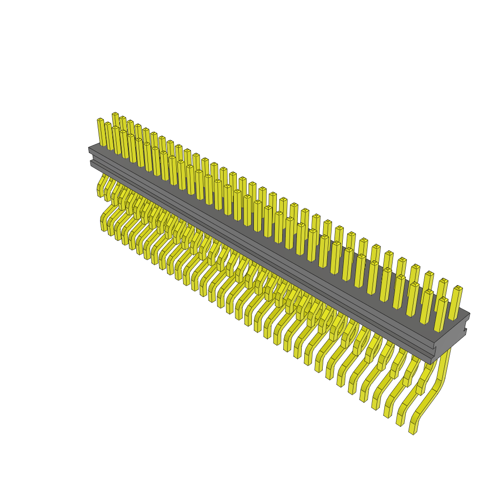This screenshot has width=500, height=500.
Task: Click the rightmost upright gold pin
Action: pos(456,303)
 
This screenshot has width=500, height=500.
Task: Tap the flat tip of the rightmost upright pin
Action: pos(458,288)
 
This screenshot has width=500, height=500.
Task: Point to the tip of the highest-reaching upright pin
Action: pos(115,114)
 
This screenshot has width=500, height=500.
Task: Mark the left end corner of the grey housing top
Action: pos(89,147)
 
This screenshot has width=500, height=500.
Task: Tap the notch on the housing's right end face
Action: pos(465,332)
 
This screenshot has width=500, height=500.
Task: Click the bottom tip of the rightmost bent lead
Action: pos(412,429)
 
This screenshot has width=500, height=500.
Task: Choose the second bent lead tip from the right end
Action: pos(399,420)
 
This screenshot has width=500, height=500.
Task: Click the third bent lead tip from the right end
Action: pos(387,413)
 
